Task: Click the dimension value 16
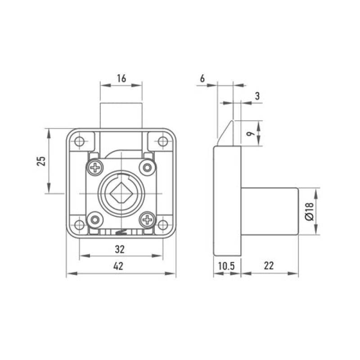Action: [x=121, y=78]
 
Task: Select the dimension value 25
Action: [x=41, y=161]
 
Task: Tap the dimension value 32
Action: [x=119, y=249]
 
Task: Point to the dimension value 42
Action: [x=118, y=266]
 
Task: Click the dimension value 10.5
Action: [x=226, y=266]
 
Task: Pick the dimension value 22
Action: [x=269, y=266]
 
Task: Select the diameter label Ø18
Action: [x=310, y=211]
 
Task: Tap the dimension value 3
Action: [x=257, y=96]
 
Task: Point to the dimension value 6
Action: [x=202, y=78]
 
